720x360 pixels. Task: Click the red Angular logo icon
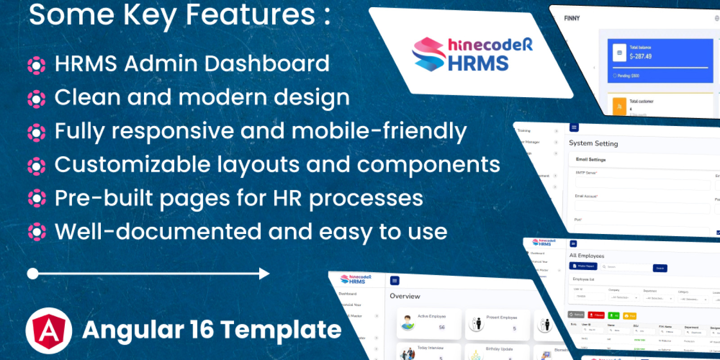click(x=49, y=331)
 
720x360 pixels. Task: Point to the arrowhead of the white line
click(x=265, y=274)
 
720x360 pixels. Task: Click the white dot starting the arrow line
click(x=33, y=274)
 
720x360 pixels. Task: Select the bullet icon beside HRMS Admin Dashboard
click(x=36, y=65)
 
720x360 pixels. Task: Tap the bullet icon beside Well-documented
click(x=36, y=232)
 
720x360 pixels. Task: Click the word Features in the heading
click(x=250, y=14)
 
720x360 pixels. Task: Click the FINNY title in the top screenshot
click(x=572, y=18)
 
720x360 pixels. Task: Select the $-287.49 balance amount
click(x=640, y=56)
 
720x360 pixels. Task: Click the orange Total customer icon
click(x=619, y=106)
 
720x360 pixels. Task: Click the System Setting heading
click(x=593, y=143)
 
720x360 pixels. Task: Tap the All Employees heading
click(x=586, y=256)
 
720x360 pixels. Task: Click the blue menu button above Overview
click(x=395, y=281)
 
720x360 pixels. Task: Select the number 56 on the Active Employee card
click(x=441, y=327)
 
